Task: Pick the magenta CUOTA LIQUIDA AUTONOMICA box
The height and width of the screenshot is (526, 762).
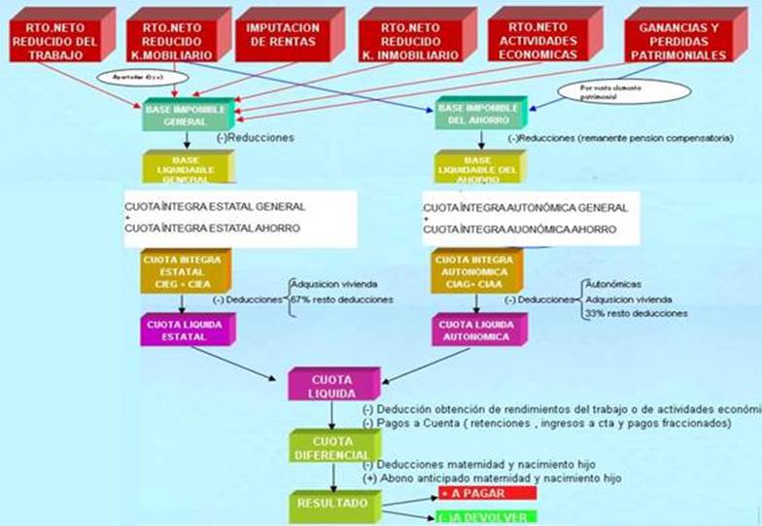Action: click(476, 329)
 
